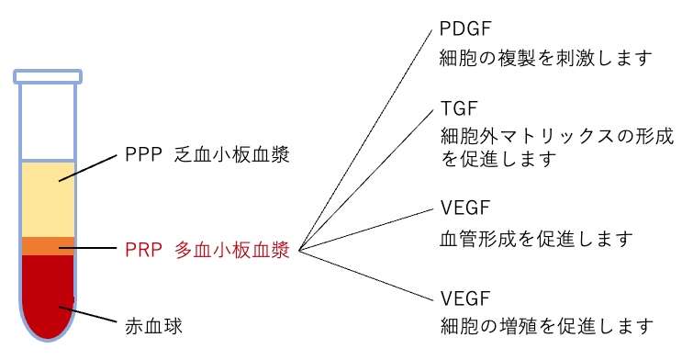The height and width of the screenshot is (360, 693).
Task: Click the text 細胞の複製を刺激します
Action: (546, 59)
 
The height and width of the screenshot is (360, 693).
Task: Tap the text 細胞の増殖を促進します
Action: (546, 327)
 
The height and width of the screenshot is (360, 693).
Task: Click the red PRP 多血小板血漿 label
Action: (207, 250)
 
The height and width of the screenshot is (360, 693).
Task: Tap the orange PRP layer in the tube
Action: (48, 246)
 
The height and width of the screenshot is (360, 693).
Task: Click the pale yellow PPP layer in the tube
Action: (48, 197)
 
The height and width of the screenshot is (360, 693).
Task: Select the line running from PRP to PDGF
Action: (367, 138)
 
